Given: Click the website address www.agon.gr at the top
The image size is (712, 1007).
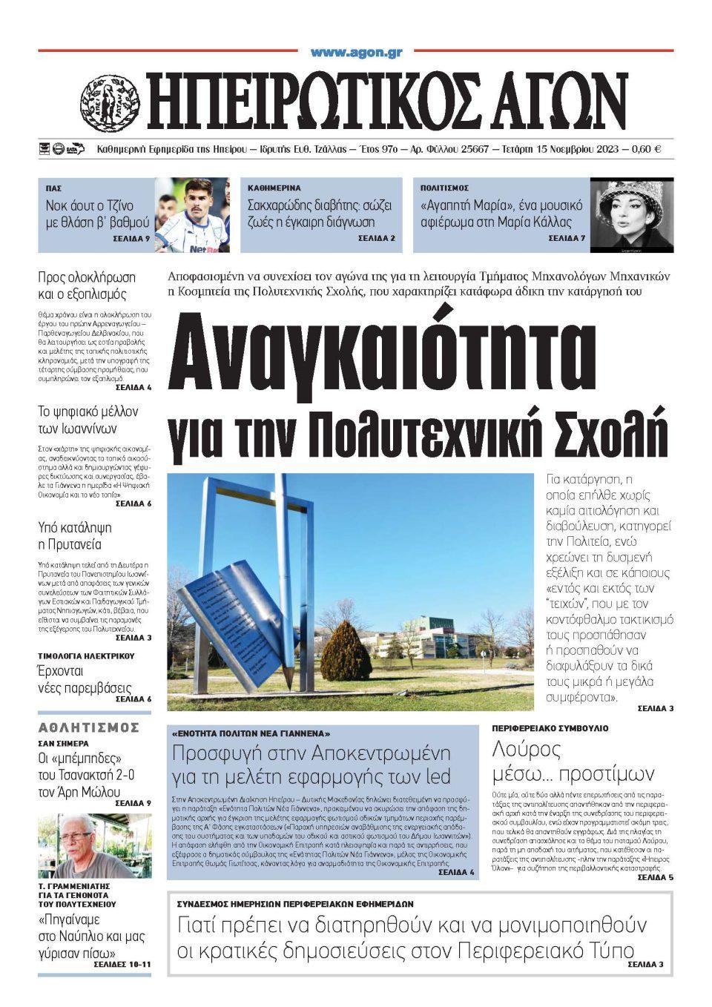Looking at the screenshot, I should tap(356, 53).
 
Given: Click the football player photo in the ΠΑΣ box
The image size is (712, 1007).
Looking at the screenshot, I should tap(192, 214).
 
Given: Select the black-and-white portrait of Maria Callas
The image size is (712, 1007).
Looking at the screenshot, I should tap(631, 214).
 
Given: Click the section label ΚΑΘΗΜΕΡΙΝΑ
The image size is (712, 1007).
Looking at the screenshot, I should tap(274, 188).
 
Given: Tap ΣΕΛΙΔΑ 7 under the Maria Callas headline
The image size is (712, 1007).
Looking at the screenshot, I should tap(567, 239).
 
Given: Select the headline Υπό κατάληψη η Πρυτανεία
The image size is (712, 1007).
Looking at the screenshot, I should tap(74, 536).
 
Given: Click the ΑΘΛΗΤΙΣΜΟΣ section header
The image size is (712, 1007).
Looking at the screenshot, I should tap(89, 727).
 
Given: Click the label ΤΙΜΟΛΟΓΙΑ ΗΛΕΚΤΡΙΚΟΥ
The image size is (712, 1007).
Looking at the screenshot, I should tap(86, 656).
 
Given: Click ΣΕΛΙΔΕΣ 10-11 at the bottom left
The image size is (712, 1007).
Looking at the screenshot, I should tap(122, 964).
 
